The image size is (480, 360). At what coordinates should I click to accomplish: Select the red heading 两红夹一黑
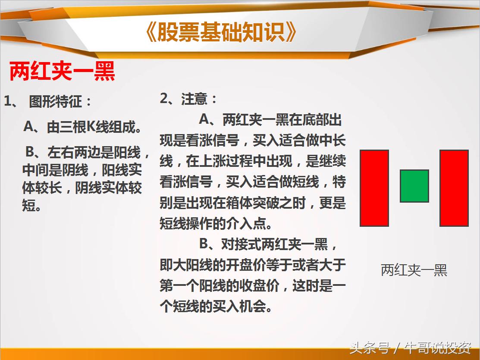62,72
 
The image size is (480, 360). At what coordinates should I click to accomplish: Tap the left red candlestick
374,188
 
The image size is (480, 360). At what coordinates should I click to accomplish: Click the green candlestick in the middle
414,186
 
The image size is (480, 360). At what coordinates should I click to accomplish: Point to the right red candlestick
454,188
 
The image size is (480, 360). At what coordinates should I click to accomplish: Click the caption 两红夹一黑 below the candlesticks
414,270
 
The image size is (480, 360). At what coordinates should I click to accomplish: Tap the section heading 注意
194,100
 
